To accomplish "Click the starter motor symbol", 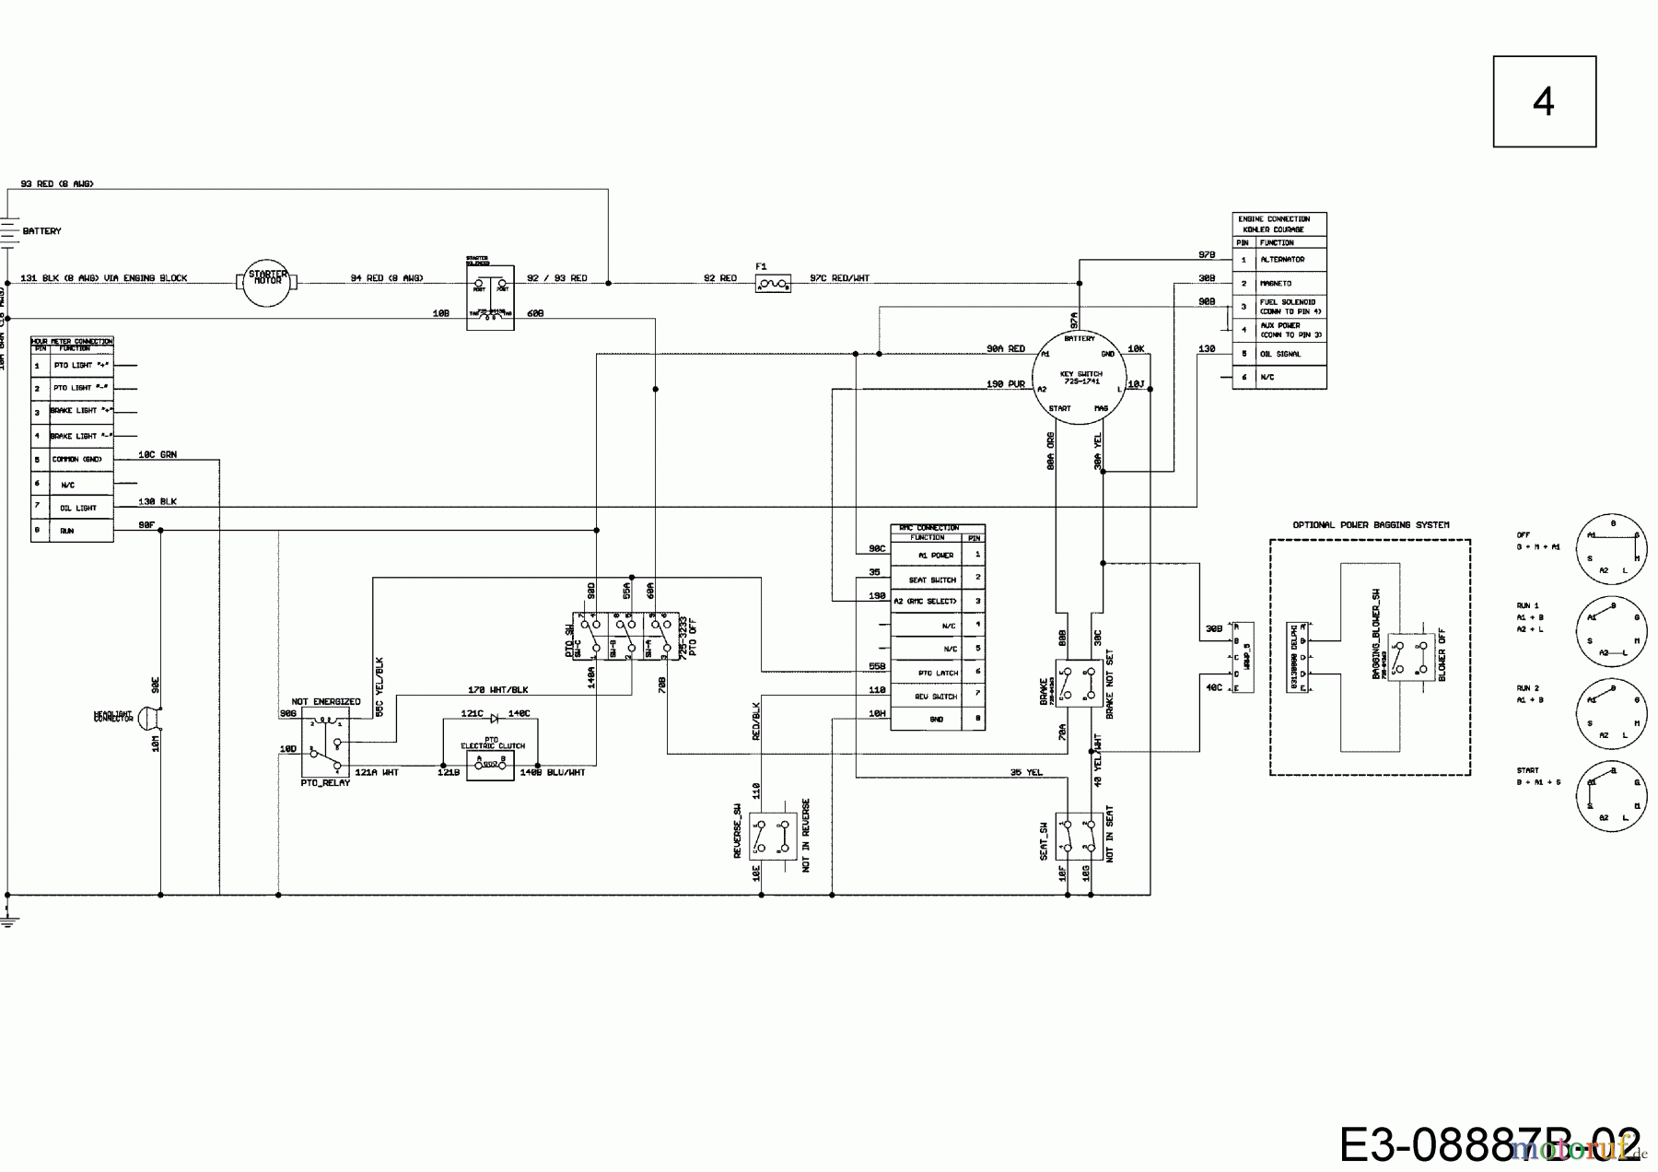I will pyautogui.click(x=267, y=282).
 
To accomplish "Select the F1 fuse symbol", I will pyautogui.click(x=773, y=285).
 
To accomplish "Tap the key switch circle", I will pyautogui.click(x=1080, y=379).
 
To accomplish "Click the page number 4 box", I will pyautogui.click(x=1544, y=101).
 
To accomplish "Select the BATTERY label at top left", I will pyautogui.click(x=41, y=231).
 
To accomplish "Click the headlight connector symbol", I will pyautogui.click(x=146, y=718).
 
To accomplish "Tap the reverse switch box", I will pyautogui.click(x=772, y=836).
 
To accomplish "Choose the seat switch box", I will pyautogui.click(x=1079, y=836).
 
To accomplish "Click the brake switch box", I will pyautogui.click(x=1079, y=683).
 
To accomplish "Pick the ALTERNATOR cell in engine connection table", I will pyautogui.click(x=1281, y=260).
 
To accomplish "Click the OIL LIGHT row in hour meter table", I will pyautogui.click(x=78, y=508).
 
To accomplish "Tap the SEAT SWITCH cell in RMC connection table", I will pyautogui.click(x=931, y=580).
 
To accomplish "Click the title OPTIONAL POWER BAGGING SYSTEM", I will pyautogui.click(x=1370, y=525).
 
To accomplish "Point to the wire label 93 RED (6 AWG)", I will pyautogui.click(x=56, y=184).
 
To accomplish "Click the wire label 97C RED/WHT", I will pyautogui.click(x=839, y=278).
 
